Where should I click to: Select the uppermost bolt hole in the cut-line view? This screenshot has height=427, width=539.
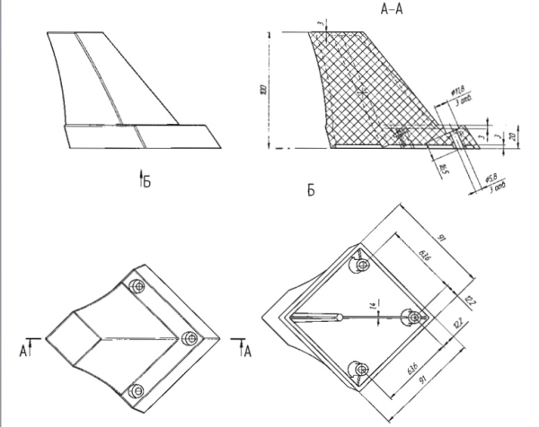click(x=137, y=286)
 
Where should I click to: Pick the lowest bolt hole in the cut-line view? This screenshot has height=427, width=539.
click(x=137, y=390)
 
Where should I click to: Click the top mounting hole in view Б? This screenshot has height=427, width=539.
click(x=361, y=266)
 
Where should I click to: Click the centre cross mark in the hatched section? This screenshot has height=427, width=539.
click(x=362, y=91)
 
